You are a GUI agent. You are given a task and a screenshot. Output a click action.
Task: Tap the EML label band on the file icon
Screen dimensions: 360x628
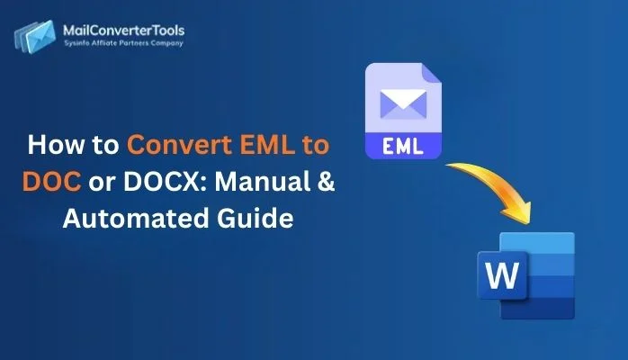pos(402,143)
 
